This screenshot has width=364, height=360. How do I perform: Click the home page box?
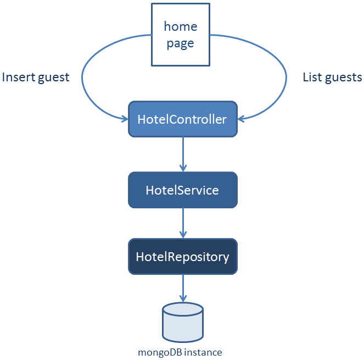click(181, 35)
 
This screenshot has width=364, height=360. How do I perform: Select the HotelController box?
click(182, 119)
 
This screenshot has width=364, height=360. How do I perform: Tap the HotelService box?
click(182, 190)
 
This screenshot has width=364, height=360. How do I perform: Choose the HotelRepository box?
click(182, 256)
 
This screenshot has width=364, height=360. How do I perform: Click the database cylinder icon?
click(183, 323)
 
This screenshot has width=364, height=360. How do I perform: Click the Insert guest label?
click(36, 77)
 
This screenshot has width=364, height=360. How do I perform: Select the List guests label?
click(332, 77)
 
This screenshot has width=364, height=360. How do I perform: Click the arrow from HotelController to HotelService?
click(183, 154)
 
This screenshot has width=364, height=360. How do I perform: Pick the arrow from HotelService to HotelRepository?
click(183, 223)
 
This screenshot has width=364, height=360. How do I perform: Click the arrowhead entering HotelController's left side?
click(124, 118)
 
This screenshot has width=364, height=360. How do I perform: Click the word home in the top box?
click(181, 26)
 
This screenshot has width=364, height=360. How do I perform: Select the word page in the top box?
click(181, 43)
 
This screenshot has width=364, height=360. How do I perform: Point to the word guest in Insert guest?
click(53, 77)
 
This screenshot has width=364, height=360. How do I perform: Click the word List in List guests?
click(312, 77)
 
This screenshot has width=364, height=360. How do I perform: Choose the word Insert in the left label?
click(18, 77)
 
